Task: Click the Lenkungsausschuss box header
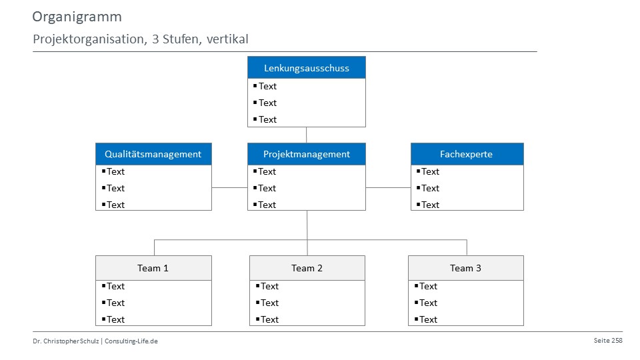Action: [307, 68]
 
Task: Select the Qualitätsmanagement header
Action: [153, 154]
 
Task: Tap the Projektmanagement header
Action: [307, 154]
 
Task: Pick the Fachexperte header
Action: [467, 154]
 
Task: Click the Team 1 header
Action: [153, 268]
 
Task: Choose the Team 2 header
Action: [307, 268]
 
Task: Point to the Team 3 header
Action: [466, 268]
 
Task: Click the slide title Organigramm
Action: [77, 17]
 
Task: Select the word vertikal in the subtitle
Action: [227, 39]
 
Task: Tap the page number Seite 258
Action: [608, 341]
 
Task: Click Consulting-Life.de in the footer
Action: [131, 341]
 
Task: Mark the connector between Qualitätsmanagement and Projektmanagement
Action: [230, 188]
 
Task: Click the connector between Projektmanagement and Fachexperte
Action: [388, 188]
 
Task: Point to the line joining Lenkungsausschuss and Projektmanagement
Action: [306, 135]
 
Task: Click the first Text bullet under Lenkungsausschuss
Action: [265, 86]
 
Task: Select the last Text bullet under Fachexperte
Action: [428, 205]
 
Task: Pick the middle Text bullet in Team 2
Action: [267, 303]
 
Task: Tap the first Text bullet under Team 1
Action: [113, 287]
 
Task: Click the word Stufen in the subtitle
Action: [181, 39]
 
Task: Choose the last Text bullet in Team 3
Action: [426, 319]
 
